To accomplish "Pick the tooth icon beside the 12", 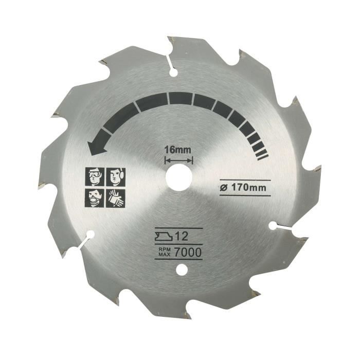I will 164,238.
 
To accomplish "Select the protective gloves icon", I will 114,198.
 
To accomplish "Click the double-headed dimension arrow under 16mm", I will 177,160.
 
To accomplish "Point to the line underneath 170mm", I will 241,195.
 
